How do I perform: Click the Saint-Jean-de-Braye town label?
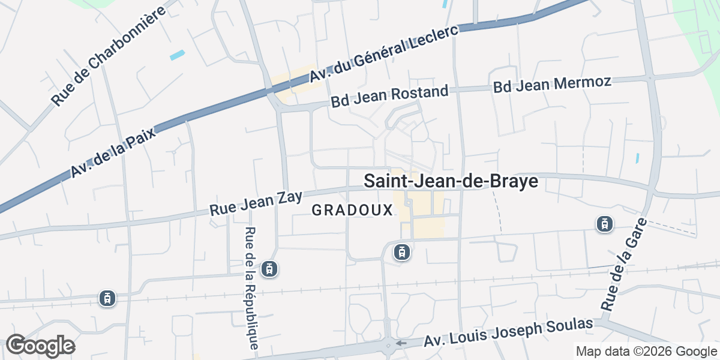tap(450, 182)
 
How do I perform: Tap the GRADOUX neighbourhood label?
tap(352, 211)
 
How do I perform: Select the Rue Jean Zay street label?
tap(256, 203)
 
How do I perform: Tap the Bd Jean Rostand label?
tap(389, 97)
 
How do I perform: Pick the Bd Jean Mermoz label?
tap(552, 85)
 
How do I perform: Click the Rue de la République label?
tap(253, 288)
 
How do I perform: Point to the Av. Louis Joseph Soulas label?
tap(509, 332)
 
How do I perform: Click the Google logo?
tap(40, 346)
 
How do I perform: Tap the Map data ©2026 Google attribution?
tap(646, 351)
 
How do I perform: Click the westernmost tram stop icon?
tap(107, 298)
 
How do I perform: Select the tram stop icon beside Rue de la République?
tap(271, 269)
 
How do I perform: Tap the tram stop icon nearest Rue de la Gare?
tap(604, 224)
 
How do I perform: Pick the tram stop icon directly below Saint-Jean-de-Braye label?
tap(402, 252)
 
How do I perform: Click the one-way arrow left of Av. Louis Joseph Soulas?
tap(401, 344)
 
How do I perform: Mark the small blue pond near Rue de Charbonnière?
tap(178, 55)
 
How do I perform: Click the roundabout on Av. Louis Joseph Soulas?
tap(388, 345)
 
